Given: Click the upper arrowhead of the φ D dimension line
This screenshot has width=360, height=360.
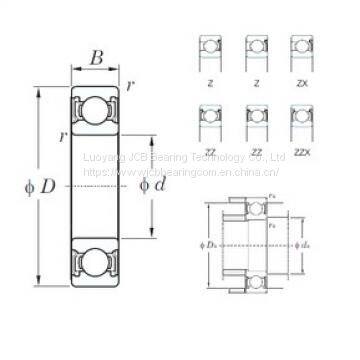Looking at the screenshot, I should pos(39,92).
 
